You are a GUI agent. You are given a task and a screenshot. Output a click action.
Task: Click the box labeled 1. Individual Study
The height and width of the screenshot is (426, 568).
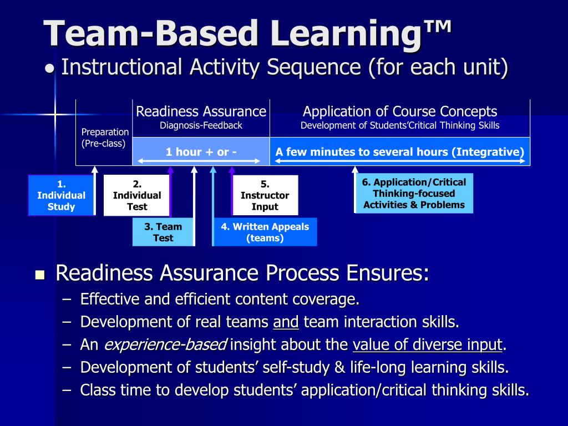point(61,195)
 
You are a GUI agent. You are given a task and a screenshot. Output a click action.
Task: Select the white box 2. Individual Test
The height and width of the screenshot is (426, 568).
point(136,195)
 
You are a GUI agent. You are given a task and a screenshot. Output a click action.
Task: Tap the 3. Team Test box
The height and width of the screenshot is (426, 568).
point(163,232)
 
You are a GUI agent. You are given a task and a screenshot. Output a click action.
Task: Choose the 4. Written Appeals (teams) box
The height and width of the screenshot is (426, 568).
point(265,232)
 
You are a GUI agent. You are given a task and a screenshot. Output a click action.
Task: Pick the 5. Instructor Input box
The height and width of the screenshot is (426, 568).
point(265,195)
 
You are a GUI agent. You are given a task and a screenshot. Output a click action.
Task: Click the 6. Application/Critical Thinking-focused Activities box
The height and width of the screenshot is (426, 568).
point(414,193)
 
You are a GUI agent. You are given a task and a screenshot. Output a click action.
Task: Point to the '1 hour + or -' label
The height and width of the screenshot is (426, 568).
point(201,152)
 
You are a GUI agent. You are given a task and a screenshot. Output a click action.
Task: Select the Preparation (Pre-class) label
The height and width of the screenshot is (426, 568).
point(105,138)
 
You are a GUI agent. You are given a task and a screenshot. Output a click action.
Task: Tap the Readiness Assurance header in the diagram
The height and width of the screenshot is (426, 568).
point(201,111)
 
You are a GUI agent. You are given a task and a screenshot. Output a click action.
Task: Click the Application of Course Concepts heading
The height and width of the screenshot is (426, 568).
point(399,111)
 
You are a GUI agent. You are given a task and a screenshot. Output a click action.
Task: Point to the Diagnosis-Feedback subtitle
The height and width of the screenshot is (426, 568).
point(201,125)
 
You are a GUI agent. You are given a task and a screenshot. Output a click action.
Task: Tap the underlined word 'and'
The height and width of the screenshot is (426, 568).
point(286,322)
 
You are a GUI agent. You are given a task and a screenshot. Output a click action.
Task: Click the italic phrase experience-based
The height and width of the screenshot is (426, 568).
point(165,345)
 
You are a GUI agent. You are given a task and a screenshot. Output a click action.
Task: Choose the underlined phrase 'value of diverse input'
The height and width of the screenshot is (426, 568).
point(427,345)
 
